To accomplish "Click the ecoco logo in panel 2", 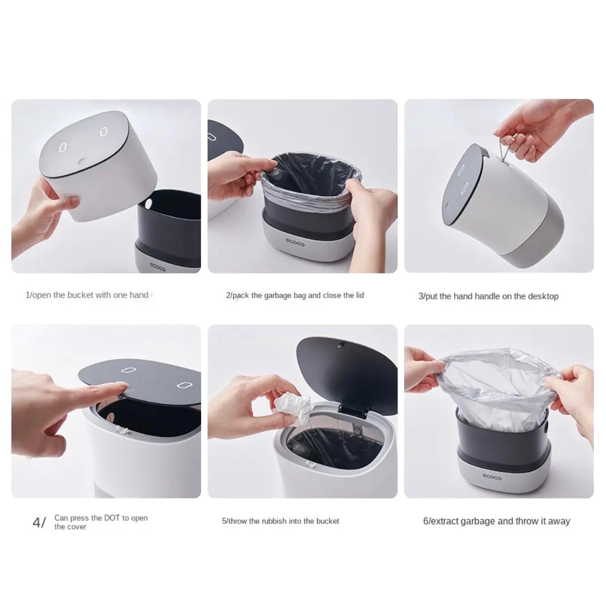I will [295, 242].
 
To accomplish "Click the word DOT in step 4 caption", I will [112, 518].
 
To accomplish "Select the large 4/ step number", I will [39, 523].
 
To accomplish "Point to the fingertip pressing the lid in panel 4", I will [123, 387].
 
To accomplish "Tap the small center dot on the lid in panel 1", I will [81, 162].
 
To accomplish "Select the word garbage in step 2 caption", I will [278, 295].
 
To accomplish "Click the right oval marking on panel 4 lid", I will [183, 385].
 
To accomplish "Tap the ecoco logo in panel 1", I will [157, 267].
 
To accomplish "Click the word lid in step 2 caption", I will [359, 295].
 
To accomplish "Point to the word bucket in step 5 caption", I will [328, 521].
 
